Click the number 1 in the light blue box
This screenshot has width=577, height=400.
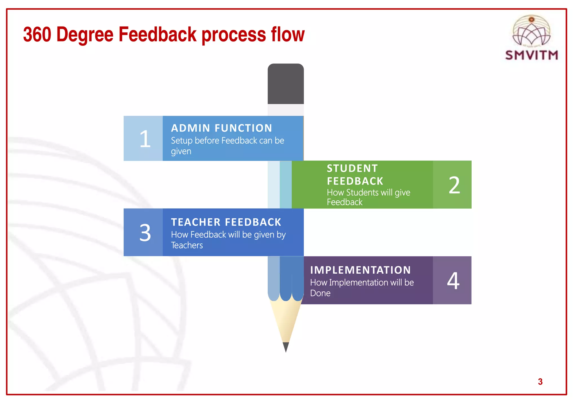coord(145,139)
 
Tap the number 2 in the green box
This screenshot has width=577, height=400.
coord(454,185)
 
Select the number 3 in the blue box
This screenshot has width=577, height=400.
coord(145,233)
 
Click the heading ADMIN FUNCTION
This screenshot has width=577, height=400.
coord(221,128)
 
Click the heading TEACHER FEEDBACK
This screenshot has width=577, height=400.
coord(226,222)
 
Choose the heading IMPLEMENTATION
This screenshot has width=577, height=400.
coord(360,270)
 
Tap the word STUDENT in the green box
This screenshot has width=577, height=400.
coord(352,168)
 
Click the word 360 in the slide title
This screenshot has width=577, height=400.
coord(37,34)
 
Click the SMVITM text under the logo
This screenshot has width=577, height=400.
coord(531,55)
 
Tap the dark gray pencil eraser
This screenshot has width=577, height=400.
coord(285,84)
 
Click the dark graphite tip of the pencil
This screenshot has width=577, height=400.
coord(286,347)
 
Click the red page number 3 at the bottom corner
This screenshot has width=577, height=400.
coord(540,382)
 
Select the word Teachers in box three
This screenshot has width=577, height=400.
coord(187,245)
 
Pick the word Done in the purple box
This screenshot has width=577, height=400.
coord(320,293)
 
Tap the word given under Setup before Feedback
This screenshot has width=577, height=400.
coord(181,151)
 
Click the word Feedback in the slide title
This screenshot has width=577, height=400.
coord(157,34)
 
